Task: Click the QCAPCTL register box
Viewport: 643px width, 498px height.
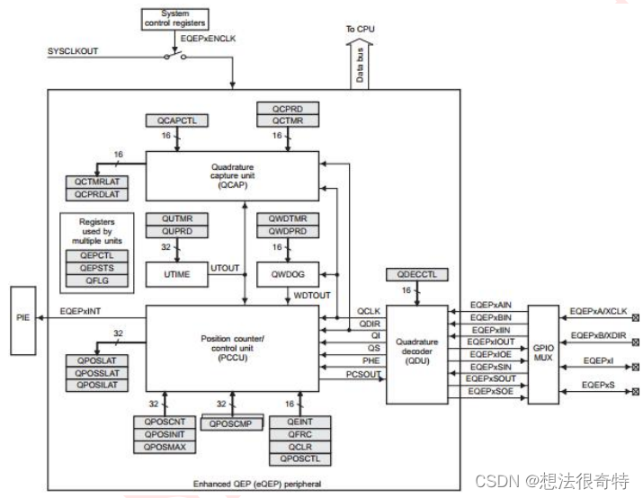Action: (176, 120)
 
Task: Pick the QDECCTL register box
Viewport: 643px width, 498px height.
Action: (415, 273)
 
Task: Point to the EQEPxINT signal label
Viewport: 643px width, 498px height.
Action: (85, 310)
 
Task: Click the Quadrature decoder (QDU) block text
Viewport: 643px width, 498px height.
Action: (416, 353)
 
